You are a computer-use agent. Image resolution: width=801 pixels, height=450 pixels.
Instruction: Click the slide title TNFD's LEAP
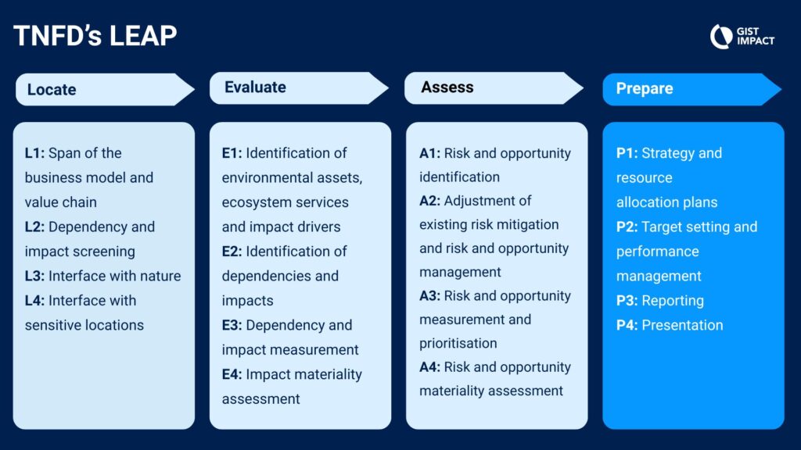[x=95, y=36]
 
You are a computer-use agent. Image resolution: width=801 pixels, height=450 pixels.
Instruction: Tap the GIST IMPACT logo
[x=742, y=36]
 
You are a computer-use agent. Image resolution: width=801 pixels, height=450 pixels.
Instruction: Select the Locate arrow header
[x=106, y=89]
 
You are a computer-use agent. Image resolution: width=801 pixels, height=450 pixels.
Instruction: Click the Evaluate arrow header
[x=300, y=87]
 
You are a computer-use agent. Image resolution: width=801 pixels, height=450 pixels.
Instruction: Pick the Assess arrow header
[x=494, y=87]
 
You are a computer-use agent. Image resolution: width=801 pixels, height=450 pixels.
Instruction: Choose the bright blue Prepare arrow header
[x=692, y=89]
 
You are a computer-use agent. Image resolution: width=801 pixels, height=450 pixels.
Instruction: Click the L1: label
[x=34, y=153]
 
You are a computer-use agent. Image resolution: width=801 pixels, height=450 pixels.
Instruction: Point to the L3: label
[x=34, y=276]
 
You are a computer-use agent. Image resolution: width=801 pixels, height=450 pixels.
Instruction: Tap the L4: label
[x=34, y=301]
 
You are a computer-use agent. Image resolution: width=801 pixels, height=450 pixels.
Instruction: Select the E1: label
[x=232, y=153]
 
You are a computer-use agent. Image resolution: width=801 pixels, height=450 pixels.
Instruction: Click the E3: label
[x=232, y=325]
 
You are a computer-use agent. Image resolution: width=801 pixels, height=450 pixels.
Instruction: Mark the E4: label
[x=232, y=374]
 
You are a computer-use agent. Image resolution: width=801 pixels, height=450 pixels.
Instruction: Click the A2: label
[x=429, y=201]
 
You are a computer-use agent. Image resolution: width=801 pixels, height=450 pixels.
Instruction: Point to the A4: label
[x=429, y=367]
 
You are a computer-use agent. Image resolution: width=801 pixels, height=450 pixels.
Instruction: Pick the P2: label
[x=627, y=227]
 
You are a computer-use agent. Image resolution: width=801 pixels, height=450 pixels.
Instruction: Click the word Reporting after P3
[x=673, y=301]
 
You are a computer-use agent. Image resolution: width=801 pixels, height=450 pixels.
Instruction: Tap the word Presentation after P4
[x=682, y=325]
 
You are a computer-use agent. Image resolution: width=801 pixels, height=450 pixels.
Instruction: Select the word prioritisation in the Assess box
[x=458, y=344]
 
